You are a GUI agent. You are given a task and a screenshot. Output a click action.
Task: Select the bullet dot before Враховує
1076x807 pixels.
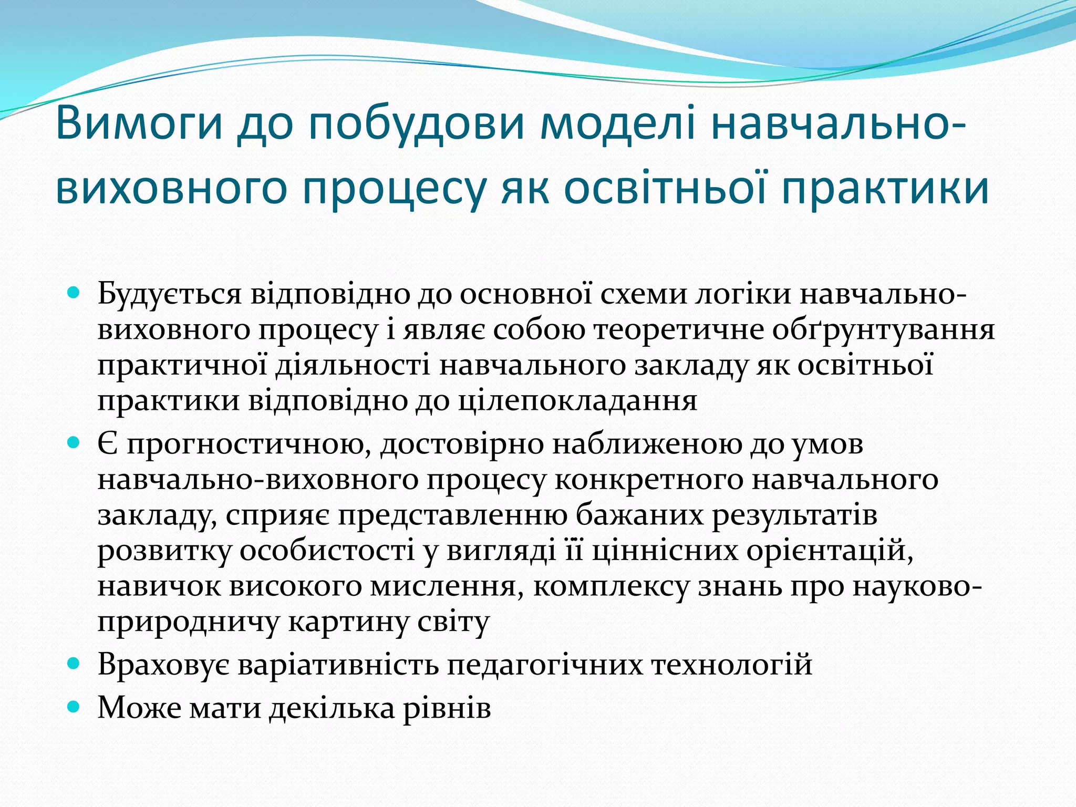(x=74, y=664)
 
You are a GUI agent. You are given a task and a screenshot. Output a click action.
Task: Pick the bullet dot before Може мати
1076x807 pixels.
(x=74, y=707)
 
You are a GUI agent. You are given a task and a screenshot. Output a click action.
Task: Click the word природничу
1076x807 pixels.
(x=189, y=623)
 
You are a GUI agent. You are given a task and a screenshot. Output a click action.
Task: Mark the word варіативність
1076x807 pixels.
(x=338, y=665)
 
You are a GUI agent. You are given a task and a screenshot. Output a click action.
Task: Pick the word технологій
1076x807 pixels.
(x=732, y=665)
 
